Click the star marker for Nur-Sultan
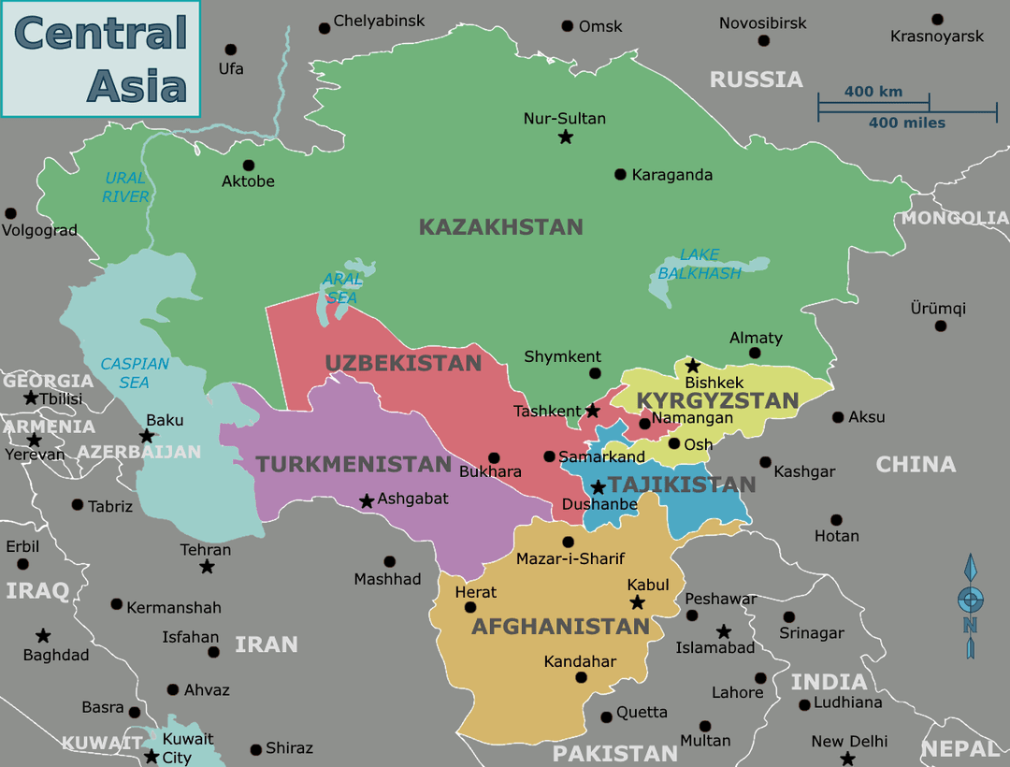[x=565, y=137]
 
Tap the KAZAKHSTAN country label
[x=500, y=227]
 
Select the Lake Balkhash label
[x=699, y=264]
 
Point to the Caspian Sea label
[x=135, y=373]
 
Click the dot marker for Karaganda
[x=620, y=175]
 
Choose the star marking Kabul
[x=637, y=602]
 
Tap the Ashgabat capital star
[x=367, y=501]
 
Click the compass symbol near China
[x=971, y=604]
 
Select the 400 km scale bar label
[x=873, y=92]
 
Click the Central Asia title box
[x=100, y=58]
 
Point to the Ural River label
[x=125, y=187]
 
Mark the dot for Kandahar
[x=581, y=678]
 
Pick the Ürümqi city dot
[x=940, y=326]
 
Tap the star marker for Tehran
[x=207, y=567]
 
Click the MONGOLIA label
[x=954, y=218]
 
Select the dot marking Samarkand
[x=549, y=456]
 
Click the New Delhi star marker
[x=847, y=759]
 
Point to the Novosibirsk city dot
[x=764, y=41]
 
